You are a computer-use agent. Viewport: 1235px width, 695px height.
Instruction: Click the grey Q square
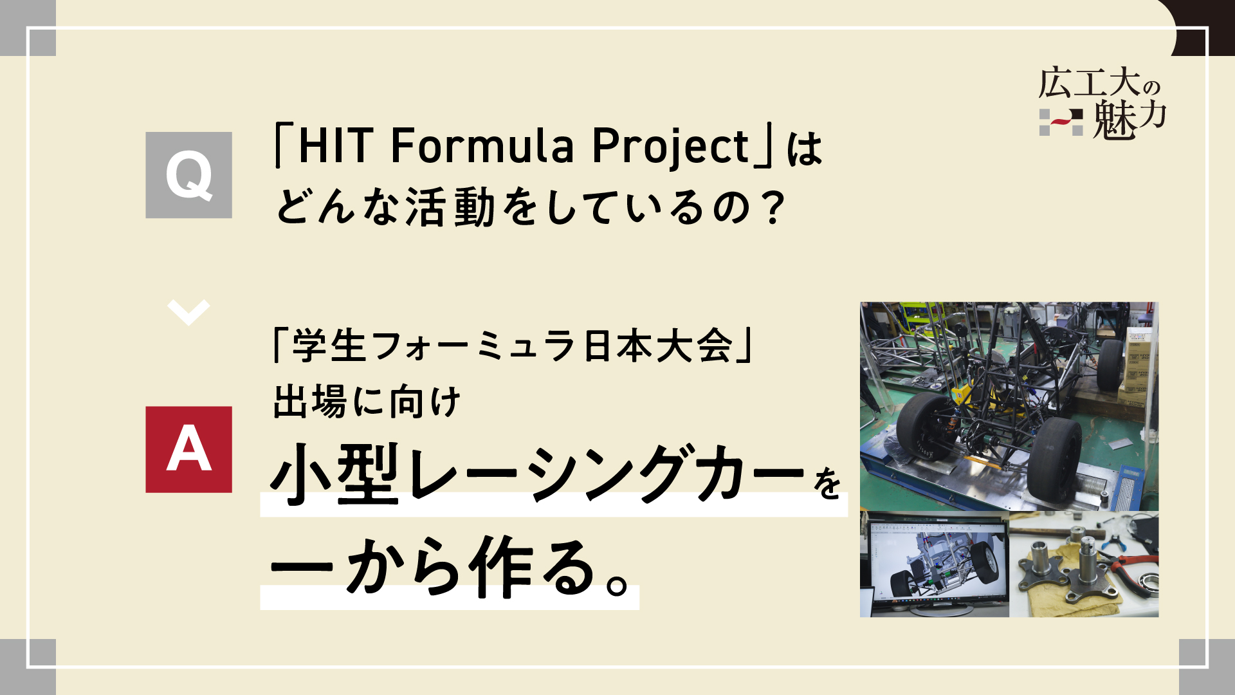tap(188, 175)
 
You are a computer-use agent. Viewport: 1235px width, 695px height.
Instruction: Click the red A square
tap(188, 449)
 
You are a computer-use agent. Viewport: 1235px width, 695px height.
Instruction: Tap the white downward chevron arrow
tap(188, 313)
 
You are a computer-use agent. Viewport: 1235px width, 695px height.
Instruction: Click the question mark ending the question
tap(770, 208)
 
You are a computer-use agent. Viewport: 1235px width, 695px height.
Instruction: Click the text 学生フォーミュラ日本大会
tap(512, 346)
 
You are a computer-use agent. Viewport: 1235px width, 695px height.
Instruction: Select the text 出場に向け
tap(367, 402)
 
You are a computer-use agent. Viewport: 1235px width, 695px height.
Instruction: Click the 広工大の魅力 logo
tap(1102, 104)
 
